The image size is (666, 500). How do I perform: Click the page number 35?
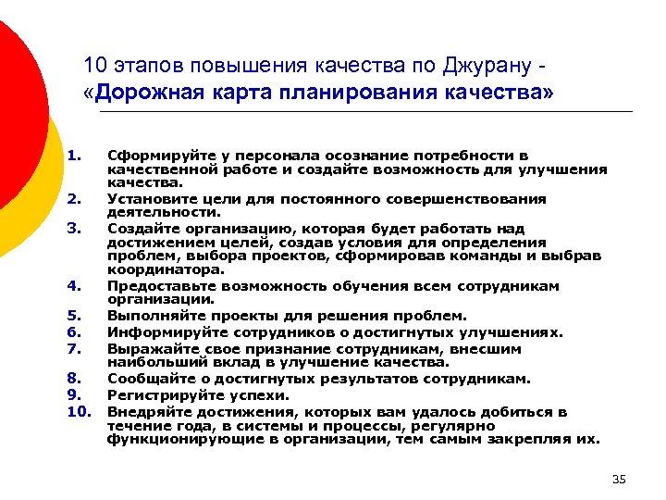pyautogui.click(x=619, y=479)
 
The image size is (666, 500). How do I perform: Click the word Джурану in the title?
pyautogui.click(x=487, y=67)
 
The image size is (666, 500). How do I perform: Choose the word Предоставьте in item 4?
pyautogui.click(x=158, y=286)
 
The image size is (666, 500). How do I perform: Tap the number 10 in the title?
pyautogui.click(x=94, y=67)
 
